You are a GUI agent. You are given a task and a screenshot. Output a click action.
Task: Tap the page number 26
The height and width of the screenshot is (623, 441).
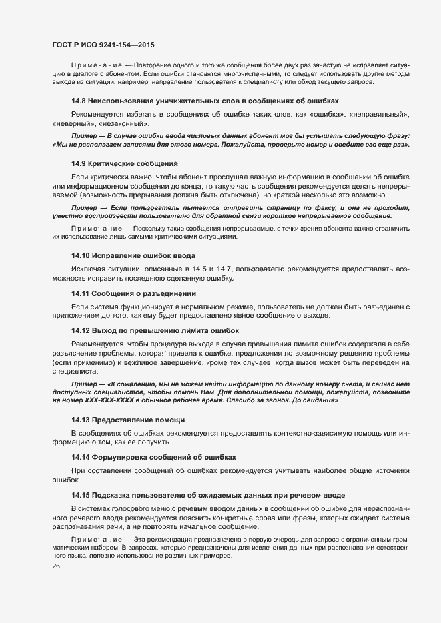point(57,566)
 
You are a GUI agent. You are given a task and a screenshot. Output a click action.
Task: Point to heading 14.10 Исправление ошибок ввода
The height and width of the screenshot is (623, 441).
point(133,256)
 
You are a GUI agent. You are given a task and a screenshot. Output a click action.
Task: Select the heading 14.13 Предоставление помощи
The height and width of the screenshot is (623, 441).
point(128,420)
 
